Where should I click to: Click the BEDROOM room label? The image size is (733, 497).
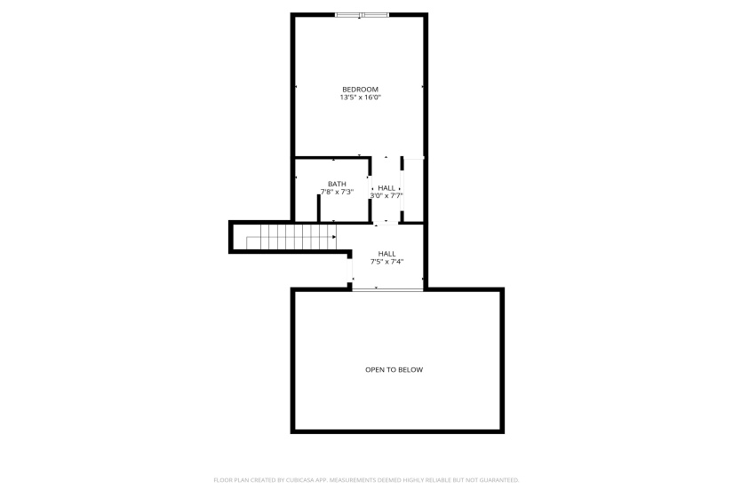tap(361, 89)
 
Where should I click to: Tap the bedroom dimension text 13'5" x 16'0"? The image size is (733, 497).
tap(361, 98)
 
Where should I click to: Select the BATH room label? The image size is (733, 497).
tap(337, 184)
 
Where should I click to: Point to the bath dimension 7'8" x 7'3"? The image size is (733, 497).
tap(337, 192)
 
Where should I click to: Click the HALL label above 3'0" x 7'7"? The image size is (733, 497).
tap(386, 187)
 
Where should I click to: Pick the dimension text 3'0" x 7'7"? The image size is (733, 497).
tap(386, 195)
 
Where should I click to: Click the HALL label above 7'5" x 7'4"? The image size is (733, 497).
tap(387, 253)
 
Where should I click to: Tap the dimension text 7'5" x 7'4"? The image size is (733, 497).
tap(387, 262)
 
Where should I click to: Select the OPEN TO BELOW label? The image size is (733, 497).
tap(394, 369)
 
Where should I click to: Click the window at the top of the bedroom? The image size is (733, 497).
tap(362, 14)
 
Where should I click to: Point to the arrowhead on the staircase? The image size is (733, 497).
tap(334, 236)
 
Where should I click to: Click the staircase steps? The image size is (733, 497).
tap(289, 237)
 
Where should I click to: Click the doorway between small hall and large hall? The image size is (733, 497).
tap(386, 222)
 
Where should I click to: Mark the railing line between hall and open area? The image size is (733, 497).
tap(387, 288)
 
